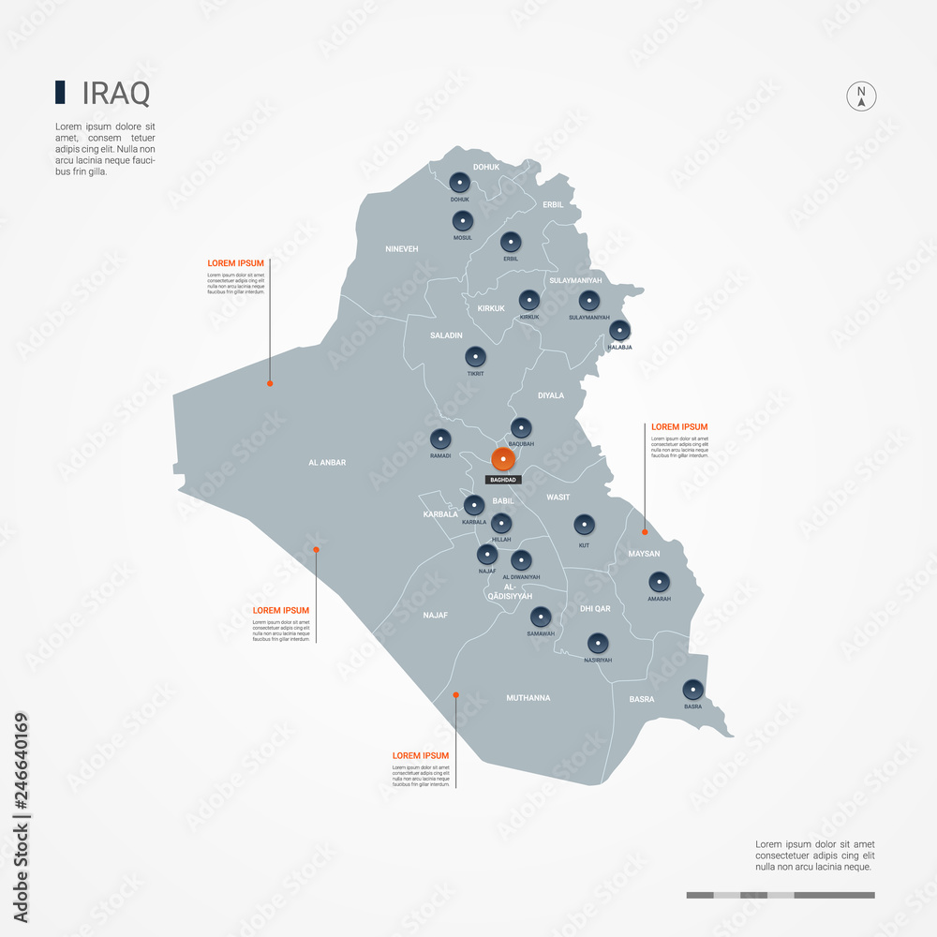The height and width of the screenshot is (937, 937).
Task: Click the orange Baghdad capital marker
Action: point(503,459)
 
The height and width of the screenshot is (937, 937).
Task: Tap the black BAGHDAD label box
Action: point(501,480)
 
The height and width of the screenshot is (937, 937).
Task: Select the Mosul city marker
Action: point(463,222)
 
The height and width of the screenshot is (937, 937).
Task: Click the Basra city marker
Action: point(692,690)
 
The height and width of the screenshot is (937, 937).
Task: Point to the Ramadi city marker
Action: point(440,439)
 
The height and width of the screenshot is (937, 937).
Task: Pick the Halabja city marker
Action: point(619,330)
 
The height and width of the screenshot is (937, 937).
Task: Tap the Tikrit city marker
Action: point(475,356)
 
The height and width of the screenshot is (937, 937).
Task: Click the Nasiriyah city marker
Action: point(598,643)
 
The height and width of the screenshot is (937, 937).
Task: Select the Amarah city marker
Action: point(659,582)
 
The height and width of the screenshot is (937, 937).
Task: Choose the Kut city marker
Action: point(584,525)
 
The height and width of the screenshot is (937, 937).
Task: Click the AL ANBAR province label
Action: point(327,462)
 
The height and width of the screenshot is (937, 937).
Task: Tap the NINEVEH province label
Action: point(401,248)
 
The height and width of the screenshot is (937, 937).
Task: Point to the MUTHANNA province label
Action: point(528,698)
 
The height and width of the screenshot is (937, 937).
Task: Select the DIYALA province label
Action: point(550,395)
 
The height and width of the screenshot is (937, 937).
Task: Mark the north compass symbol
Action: point(861,97)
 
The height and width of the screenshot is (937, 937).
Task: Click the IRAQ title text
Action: point(116,94)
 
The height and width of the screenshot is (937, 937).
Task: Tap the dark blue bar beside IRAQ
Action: point(60,92)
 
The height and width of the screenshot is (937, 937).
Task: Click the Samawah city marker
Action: point(541,617)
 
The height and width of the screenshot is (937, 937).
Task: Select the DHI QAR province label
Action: point(595,609)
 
